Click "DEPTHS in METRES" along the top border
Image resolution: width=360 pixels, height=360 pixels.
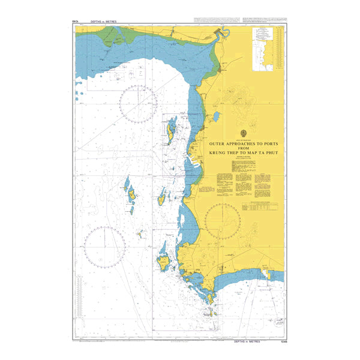click(x=102, y=22)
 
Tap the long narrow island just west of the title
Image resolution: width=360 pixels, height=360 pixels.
click(x=170, y=130)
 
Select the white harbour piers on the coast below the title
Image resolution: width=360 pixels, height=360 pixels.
click(x=194, y=163)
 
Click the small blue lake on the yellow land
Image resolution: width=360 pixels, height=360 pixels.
click(x=215, y=115)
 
